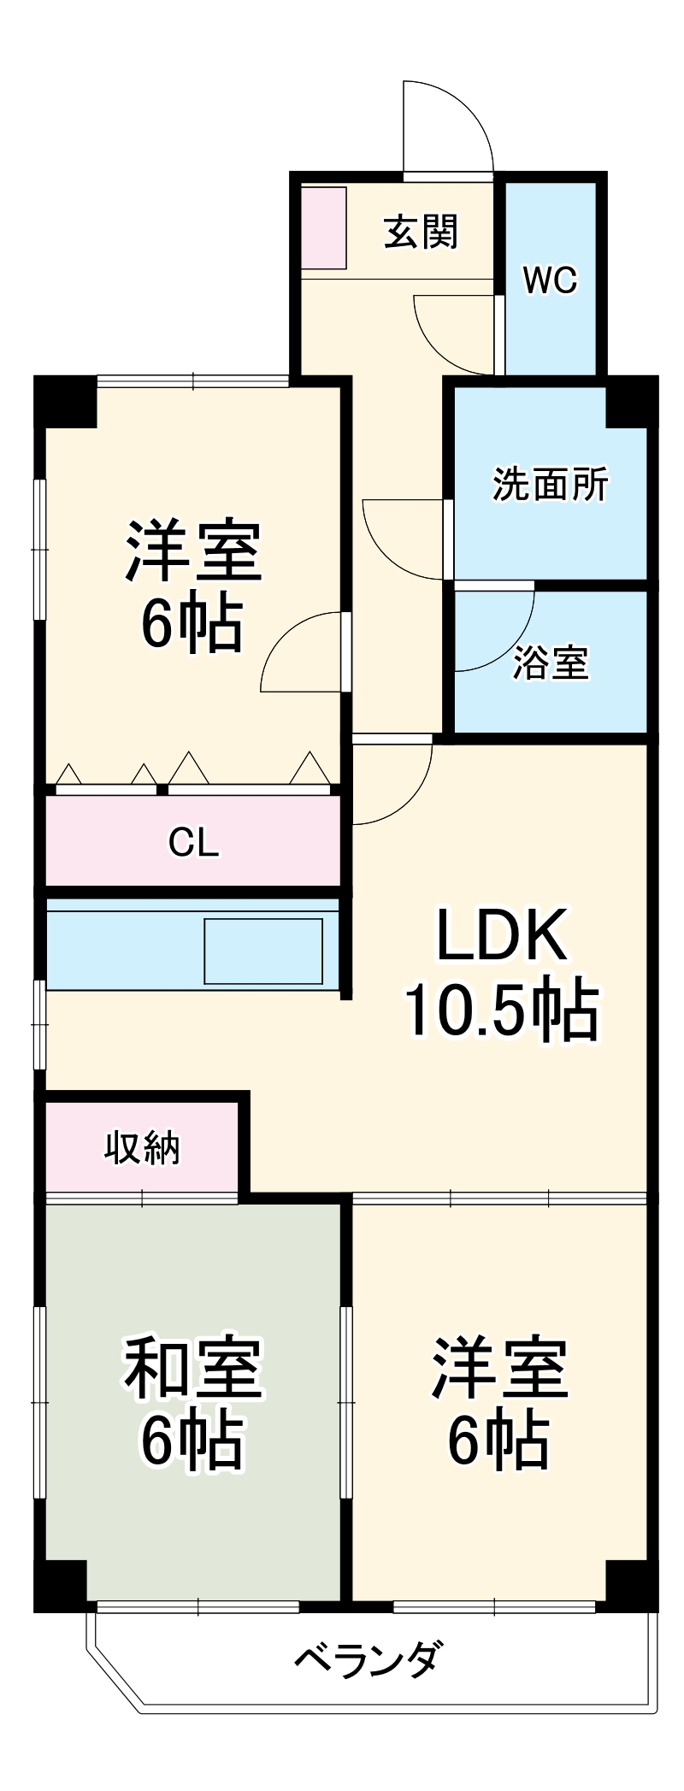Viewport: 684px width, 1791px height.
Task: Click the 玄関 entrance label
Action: [421, 232]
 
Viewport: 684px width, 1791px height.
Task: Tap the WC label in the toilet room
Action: [550, 280]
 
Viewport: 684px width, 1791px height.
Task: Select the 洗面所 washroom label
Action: [550, 485]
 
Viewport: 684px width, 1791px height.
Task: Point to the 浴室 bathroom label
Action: [551, 663]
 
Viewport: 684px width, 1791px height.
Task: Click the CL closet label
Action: [193, 843]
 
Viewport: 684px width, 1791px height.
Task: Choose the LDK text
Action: [501, 935]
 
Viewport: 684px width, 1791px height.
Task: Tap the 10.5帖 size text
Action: [501, 1010]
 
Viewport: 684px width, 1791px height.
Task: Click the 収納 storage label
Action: [142, 1148]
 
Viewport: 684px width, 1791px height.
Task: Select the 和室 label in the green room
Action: [193, 1368]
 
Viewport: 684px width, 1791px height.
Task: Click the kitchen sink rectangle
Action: [263, 951]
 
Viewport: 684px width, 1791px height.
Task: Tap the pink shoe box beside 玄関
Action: [323, 227]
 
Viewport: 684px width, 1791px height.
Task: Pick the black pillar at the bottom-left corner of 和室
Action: [60, 1586]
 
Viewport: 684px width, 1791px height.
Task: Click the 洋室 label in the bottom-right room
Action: [499, 1368]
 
